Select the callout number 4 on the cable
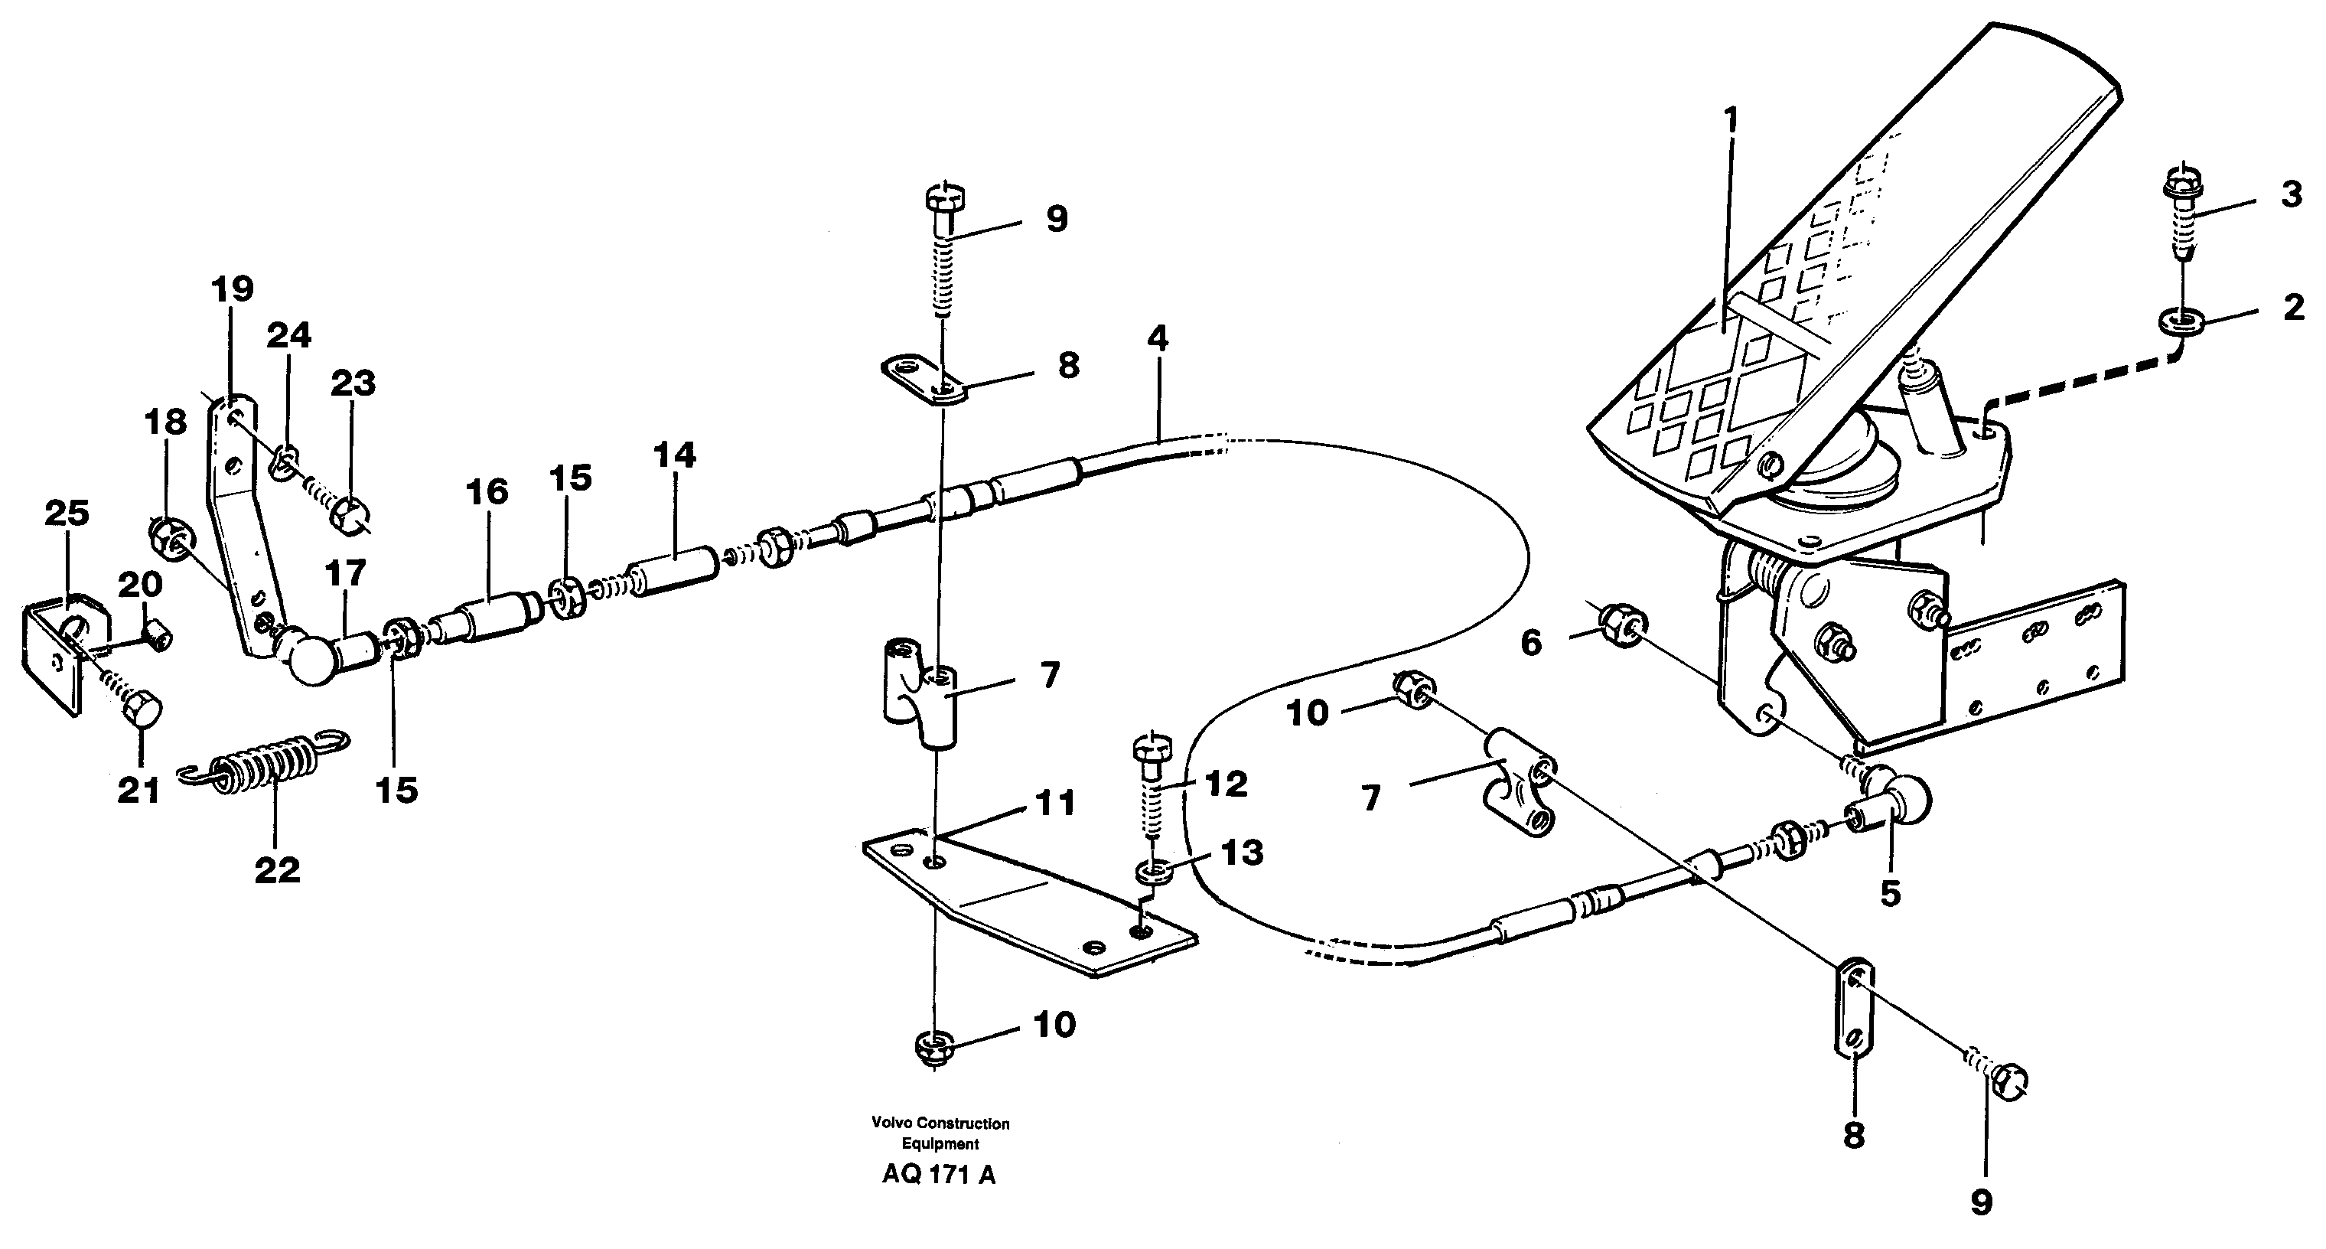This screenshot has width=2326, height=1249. click(1158, 340)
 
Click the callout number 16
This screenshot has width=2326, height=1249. click(487, 493)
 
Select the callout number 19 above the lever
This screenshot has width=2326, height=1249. click(232, 290)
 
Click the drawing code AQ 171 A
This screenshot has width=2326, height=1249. click(939, 1175)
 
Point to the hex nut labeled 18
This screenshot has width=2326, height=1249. click(166, 540)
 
